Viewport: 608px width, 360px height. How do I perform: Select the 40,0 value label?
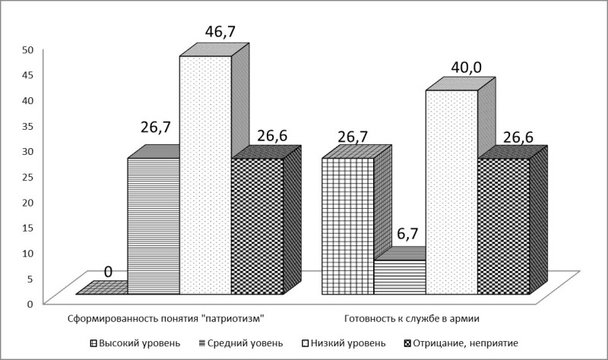coord(464,68)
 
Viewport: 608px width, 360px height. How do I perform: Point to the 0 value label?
coord(109,271)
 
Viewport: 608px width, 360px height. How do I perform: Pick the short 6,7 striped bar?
coord(400,277)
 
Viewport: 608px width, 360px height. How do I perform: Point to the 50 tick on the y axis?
coord(27,49)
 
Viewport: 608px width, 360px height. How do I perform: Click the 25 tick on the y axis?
coord(27,176)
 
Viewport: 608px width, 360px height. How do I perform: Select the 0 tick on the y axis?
coord(30,303)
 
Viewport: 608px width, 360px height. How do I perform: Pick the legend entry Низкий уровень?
coord(346,343)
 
